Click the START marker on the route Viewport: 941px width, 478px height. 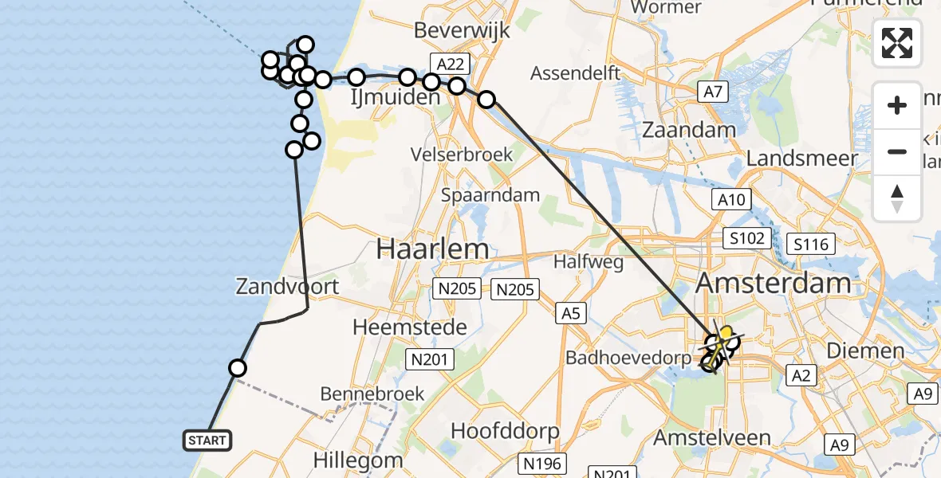click(x=208, y=440)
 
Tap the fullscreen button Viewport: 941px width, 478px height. click(x=897, y=43)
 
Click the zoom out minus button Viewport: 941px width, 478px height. click(x=897, y=151)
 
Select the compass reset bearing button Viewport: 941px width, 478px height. click(x=897, y=198)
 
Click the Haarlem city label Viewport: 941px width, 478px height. click(x=432, y=249)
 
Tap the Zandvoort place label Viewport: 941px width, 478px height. click(x=287, y=286)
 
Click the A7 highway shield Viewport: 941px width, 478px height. click(x=712, y=92)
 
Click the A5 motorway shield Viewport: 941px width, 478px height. click(x=570, y=313)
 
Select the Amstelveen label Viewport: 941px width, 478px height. click(x=712, y=437)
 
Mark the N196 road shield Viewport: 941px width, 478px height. click(x=542, y=462)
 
